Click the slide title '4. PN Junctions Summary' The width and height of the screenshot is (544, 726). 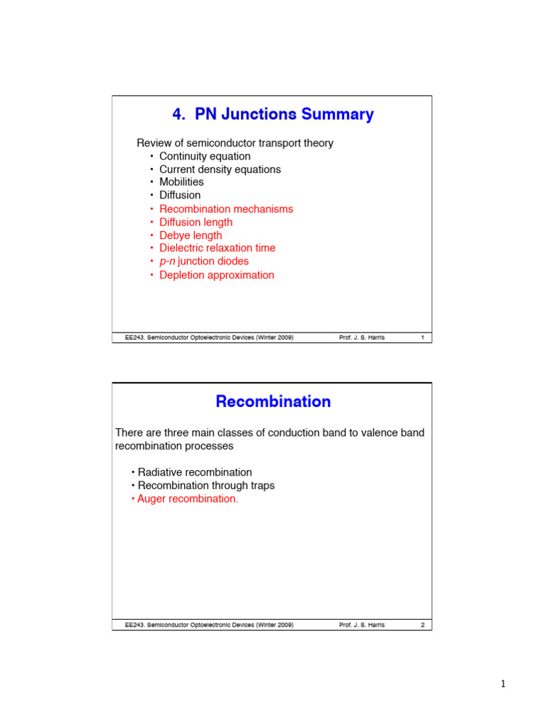[273, 114]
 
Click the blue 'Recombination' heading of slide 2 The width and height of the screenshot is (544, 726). [273, 401]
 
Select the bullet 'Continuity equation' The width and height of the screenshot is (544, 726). [205, 156]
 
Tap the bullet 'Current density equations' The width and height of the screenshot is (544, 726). [220, 169]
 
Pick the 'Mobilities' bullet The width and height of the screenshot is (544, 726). [181, 182]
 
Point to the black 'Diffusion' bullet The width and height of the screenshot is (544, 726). [180, 195]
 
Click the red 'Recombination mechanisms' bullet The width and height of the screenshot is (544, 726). [226, 209]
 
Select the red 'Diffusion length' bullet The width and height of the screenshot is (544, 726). [195, 222]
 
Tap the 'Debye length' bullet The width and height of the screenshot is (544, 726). [191, 235]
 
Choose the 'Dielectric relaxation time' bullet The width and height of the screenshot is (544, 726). [217, 248]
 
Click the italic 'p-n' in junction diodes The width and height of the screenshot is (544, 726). [167, 262]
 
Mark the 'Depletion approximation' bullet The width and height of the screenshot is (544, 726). [217, 275]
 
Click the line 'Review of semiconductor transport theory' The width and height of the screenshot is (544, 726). [234, 143]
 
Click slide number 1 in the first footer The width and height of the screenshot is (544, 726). [422, 337]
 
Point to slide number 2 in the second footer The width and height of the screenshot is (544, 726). [422, 625]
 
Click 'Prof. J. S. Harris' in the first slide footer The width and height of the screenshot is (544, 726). [362, 337]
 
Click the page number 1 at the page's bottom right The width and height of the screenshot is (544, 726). [503, 684]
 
